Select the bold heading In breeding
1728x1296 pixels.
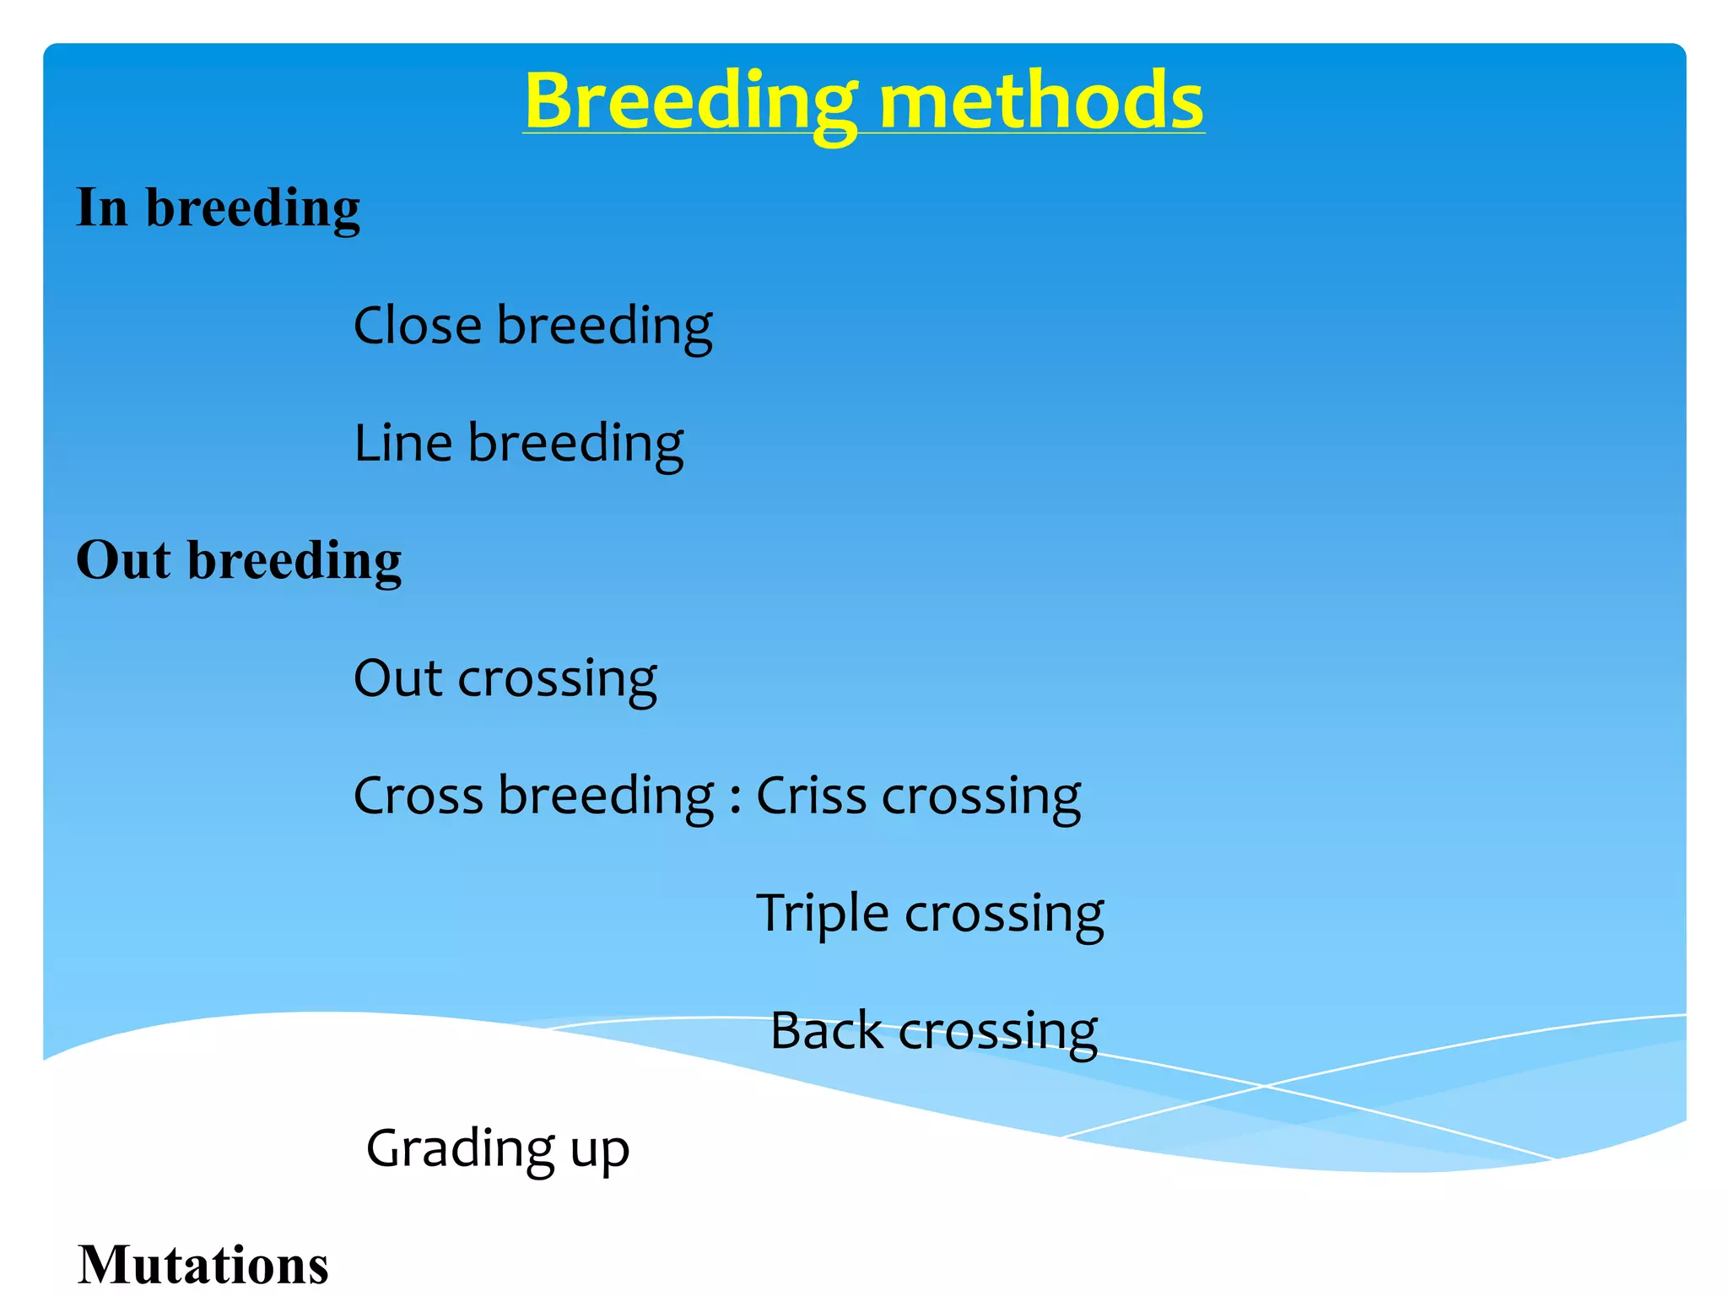point(218,208)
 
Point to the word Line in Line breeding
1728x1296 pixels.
point(402,443)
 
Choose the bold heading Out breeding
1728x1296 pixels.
point(239,560)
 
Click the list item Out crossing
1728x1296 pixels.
point(505,678)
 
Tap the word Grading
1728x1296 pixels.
point(460,1149)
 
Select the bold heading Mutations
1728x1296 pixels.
point(202,1265)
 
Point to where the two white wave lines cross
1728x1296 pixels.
point(1264,1086)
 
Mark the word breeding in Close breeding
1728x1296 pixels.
point(604,327)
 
